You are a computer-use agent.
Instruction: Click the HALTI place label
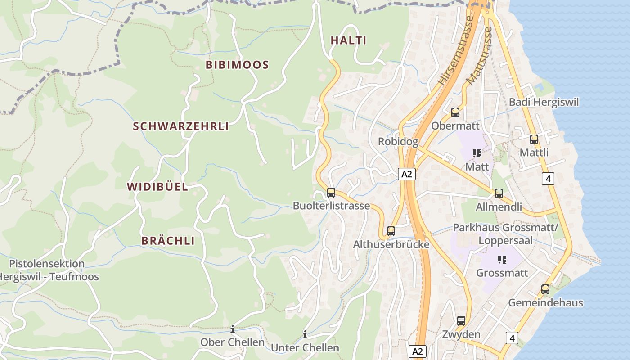[348, 40]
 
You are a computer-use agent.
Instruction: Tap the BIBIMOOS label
[237, 65]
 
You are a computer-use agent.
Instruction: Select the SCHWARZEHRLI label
[181, 126]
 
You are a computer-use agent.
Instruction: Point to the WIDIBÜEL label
[157, 187]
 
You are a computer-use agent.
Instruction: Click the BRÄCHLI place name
[168, 241]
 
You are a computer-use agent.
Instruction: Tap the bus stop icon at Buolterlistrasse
[331, 193]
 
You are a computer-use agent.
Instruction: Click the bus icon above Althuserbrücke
[391, 231]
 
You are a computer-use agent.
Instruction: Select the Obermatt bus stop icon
[455, 112]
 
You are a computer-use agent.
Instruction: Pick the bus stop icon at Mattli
[534, 139]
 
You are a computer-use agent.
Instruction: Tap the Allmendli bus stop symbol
[499, 193]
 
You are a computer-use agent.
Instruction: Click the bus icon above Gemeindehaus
[545, 289]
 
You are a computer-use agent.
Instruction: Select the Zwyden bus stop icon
[461, 321]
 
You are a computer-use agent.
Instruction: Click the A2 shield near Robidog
[406, 174]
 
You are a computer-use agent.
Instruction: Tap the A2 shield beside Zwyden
[418, 351]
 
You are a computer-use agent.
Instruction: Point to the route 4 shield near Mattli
[548, 179]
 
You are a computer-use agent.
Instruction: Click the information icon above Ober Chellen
[233, 329]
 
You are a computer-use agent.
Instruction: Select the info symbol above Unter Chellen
[305, 334]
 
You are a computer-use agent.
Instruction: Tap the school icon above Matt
[477, 153]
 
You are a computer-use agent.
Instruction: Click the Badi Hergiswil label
[544, 102]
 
